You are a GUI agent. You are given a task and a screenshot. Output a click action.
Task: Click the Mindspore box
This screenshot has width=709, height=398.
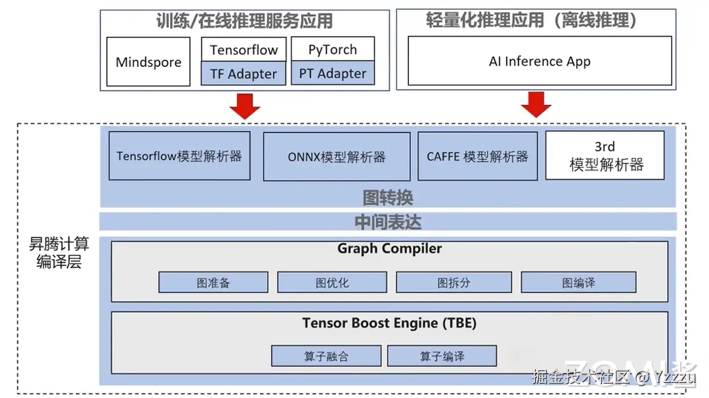click(x=148, y=62)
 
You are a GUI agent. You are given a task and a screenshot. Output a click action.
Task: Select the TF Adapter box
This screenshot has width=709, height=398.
click(x=244, y=74)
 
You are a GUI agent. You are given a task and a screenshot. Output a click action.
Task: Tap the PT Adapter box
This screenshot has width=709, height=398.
click(x=333, y=73)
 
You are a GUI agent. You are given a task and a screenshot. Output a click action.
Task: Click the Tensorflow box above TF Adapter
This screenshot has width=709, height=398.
click(x=244, y=50)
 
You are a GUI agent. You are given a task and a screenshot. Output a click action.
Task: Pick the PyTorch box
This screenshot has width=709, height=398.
click(x=333, y=49)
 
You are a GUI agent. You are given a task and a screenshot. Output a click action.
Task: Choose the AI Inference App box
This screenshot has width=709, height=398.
click(x=540, y=61)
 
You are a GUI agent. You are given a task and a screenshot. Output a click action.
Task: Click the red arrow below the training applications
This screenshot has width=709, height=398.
click(x=246, y=105)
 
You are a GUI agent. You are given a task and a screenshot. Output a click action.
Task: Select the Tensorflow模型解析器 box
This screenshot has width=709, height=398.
click(x=179, y=156)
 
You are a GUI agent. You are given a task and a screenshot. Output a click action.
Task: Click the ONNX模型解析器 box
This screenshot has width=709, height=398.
click(x=337, y=157)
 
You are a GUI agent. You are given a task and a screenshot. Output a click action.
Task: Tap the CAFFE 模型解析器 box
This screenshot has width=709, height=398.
click(x=477, y=157)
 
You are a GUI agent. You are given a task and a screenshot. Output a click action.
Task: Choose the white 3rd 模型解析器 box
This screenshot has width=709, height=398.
click(x=605, y=156)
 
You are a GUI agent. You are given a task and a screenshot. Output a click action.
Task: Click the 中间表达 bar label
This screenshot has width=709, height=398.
click(x=388, y=222)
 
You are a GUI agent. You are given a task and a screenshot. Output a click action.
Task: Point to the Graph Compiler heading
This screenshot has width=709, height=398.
click(x=389, y=249)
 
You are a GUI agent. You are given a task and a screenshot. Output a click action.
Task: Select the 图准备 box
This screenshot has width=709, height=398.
click(x=213, y=283)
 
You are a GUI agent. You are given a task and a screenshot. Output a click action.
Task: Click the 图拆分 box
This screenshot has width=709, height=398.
click(x=454, y=283)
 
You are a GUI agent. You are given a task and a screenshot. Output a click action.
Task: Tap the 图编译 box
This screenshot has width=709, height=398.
click(x=578, y=283)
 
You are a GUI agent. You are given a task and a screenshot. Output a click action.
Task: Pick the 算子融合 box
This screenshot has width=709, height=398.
click(x=326, y=356)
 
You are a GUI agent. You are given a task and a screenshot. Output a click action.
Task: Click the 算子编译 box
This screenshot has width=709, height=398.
click(x=442, y=356)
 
